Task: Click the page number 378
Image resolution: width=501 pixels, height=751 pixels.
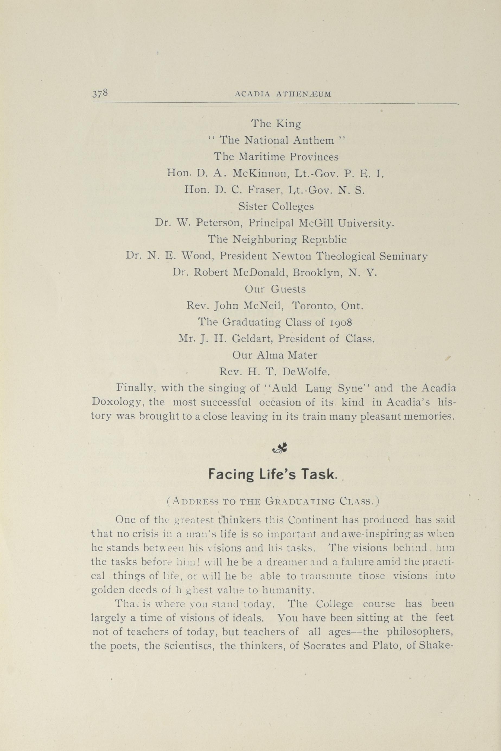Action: tap(100, 93)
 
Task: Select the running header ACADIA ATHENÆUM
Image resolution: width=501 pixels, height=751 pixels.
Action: tap(283, 94)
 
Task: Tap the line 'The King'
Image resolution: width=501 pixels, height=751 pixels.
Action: tap(276, 124)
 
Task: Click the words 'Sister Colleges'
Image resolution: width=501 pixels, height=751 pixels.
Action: tap(276, 207)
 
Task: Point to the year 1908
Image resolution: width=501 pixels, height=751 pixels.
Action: tap(340, 322)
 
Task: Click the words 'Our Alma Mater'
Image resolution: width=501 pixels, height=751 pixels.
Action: tap(275, 355)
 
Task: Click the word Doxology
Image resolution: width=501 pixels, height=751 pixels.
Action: tap(116, 403)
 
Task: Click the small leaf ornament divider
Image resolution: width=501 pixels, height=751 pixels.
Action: tap(280, 450)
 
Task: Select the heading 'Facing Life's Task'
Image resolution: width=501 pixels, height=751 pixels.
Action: tap(272, 475)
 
